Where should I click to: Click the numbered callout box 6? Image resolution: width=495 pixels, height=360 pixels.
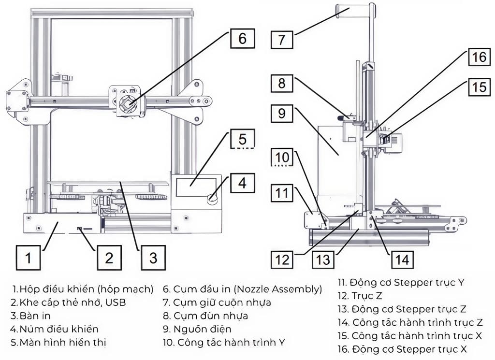(242, 38)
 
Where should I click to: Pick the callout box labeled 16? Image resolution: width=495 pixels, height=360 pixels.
(479, 57)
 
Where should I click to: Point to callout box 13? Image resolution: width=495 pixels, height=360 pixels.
(323, 259)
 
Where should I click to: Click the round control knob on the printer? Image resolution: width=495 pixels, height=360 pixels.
(212, 197)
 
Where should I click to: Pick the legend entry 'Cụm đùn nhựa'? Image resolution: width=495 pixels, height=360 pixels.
(206, 316)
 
